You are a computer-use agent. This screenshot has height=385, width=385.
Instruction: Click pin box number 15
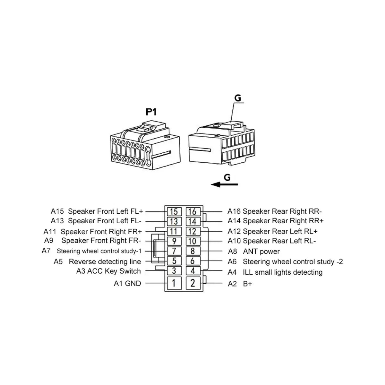click(174, 212)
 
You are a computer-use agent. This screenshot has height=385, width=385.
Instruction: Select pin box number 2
click(193, 283)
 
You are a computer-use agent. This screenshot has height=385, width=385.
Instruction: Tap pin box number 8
click(193, 251)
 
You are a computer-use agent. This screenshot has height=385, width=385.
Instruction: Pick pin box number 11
click(174, 231)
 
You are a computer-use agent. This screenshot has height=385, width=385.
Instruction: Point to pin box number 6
click(193, 261)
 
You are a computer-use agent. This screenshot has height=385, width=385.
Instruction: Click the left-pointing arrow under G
click(224, 184)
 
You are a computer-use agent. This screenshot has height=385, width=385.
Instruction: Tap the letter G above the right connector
click(237, 98)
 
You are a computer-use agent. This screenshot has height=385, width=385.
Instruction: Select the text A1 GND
click(127, 283)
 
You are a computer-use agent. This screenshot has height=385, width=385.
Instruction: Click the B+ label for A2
click(248, 284)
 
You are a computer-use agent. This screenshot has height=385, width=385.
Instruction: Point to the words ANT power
click(261, 252)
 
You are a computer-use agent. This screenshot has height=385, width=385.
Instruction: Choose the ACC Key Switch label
click(114, 271)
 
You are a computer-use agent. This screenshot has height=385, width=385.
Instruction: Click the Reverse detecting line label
click(105, 261)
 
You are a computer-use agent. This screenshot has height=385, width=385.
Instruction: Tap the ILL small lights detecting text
click(282, 272)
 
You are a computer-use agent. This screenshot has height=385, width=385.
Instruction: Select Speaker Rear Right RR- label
click(282, 211)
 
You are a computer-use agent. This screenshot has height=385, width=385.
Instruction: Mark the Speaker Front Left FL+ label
click(106, 211)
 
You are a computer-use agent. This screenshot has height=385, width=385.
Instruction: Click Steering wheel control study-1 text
click(99, 251)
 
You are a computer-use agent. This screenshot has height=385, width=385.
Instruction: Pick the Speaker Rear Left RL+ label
click(280, 231)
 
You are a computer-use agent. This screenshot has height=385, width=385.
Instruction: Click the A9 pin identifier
click(49, 241)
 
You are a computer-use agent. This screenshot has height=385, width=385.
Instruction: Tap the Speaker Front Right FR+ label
click(101, 231)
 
